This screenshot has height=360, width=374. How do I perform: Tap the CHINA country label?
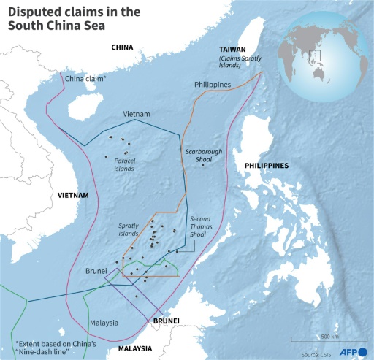click(122, 47)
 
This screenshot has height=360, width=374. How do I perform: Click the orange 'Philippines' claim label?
click(213, 85)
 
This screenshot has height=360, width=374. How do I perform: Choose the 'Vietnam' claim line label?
click(136, 115)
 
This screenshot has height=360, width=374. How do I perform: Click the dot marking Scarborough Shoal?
click(202, 165)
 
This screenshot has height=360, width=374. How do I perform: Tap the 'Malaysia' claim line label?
click(104, 322)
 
